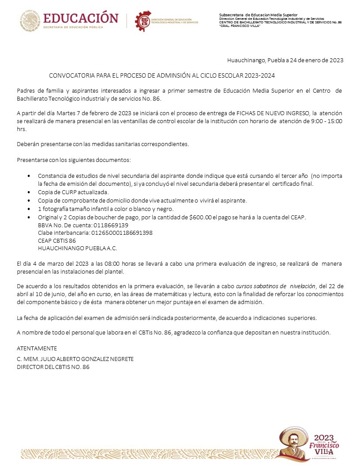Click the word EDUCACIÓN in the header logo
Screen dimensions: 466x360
point(81,18)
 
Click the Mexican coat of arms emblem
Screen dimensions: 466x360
point(30,21)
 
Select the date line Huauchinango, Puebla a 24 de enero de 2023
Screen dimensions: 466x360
point(285,60)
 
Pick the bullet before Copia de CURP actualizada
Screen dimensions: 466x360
point(29,192)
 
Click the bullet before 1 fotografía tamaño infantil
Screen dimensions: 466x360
point(29,209)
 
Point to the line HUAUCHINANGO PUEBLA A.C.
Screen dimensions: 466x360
point(78,248)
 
